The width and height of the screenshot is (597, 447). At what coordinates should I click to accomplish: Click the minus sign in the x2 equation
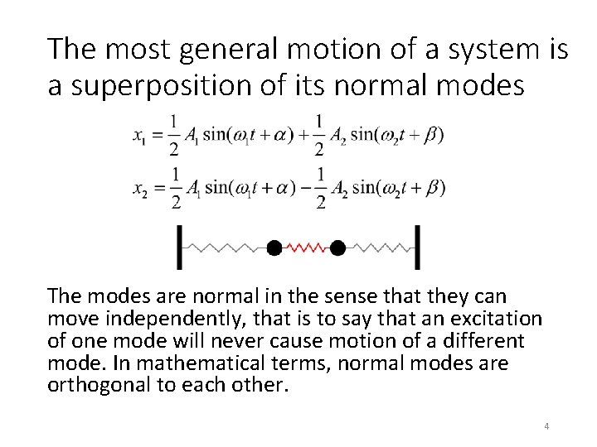click(x=303, y=188)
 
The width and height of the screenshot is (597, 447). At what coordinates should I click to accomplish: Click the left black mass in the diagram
click(x=273, y=247)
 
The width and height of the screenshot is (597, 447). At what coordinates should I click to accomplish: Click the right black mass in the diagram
click(x=337, y=247)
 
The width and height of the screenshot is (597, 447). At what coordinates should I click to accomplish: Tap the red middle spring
click(x=305, y=247)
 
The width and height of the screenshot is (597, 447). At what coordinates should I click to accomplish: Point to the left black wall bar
click(x=180, y=247)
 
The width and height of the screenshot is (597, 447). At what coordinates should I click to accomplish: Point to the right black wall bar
click(x=416, y=247)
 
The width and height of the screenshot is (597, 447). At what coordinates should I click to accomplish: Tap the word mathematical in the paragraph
click(x=174, y=363)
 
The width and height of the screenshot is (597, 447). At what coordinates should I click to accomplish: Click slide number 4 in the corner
click(x=546, y=426)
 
